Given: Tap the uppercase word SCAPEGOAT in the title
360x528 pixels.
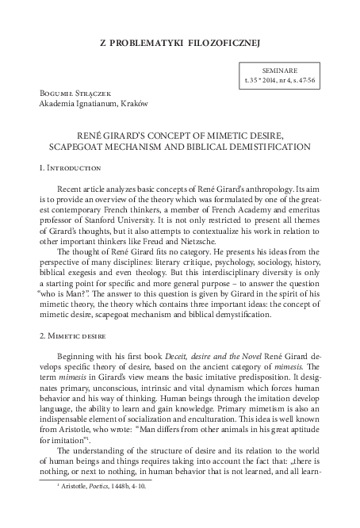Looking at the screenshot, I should (x=98, y=147).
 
